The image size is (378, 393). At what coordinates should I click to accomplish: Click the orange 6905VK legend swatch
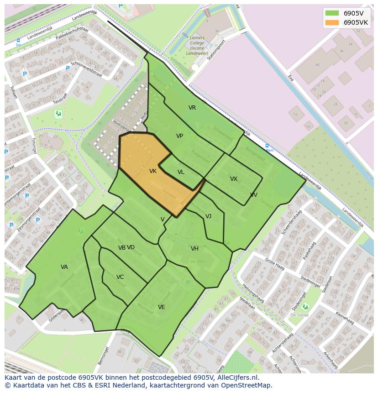tap(332, 22)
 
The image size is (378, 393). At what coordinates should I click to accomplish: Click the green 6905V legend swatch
tap(332, 13)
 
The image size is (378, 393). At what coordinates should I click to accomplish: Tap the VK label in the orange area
tap(153, 171)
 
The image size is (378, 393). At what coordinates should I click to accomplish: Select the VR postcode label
tap(192, 108)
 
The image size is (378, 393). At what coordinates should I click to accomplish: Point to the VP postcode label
tap(180, 136)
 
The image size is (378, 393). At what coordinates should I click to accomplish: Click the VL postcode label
tap(181, 172)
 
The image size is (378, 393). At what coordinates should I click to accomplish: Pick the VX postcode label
tap(234, 179)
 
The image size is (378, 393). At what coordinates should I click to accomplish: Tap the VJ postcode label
tap(208, 216)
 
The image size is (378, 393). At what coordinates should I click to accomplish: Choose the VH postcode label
tap(195, 249)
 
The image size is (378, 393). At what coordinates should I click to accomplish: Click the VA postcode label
tap(64, 267)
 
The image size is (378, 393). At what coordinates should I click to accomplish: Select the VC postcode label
tap(120, 277)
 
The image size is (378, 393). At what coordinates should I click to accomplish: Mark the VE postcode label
tap(162, 307)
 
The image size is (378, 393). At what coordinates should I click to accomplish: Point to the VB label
tap(121, 248)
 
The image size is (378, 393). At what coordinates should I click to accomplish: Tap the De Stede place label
tap(299, 315)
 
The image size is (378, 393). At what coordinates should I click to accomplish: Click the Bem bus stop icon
tap(268, 146)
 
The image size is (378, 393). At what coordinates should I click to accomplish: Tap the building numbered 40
tap(317, 65)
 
